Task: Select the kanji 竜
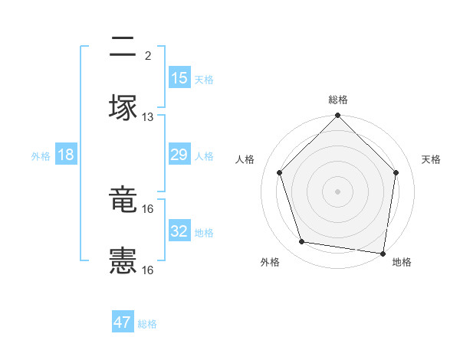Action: tap(123, 201)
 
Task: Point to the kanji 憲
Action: tap(123, 261)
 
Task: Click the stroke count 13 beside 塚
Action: tap(148, 117)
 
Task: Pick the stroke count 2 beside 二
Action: tap(148, 56)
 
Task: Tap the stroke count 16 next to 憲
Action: tap(148, 270)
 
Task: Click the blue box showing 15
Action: tap(179, 78)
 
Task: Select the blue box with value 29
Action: tap(179, 155)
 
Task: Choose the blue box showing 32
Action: tap(179, 231)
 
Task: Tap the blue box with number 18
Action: tap(66, 155)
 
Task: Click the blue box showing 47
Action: tap(123, 322)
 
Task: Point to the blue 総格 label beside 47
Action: tap(147, 324)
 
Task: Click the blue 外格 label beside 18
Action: tap(41, 156)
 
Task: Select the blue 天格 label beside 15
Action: tap(204, 80)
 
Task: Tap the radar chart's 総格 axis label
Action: tap(338, 100)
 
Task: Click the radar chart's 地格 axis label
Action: tap(402, 263)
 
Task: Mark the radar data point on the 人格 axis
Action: tap(279, 172)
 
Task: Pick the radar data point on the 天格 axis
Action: tap(396, 172)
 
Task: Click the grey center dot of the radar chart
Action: tap(338, 191)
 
